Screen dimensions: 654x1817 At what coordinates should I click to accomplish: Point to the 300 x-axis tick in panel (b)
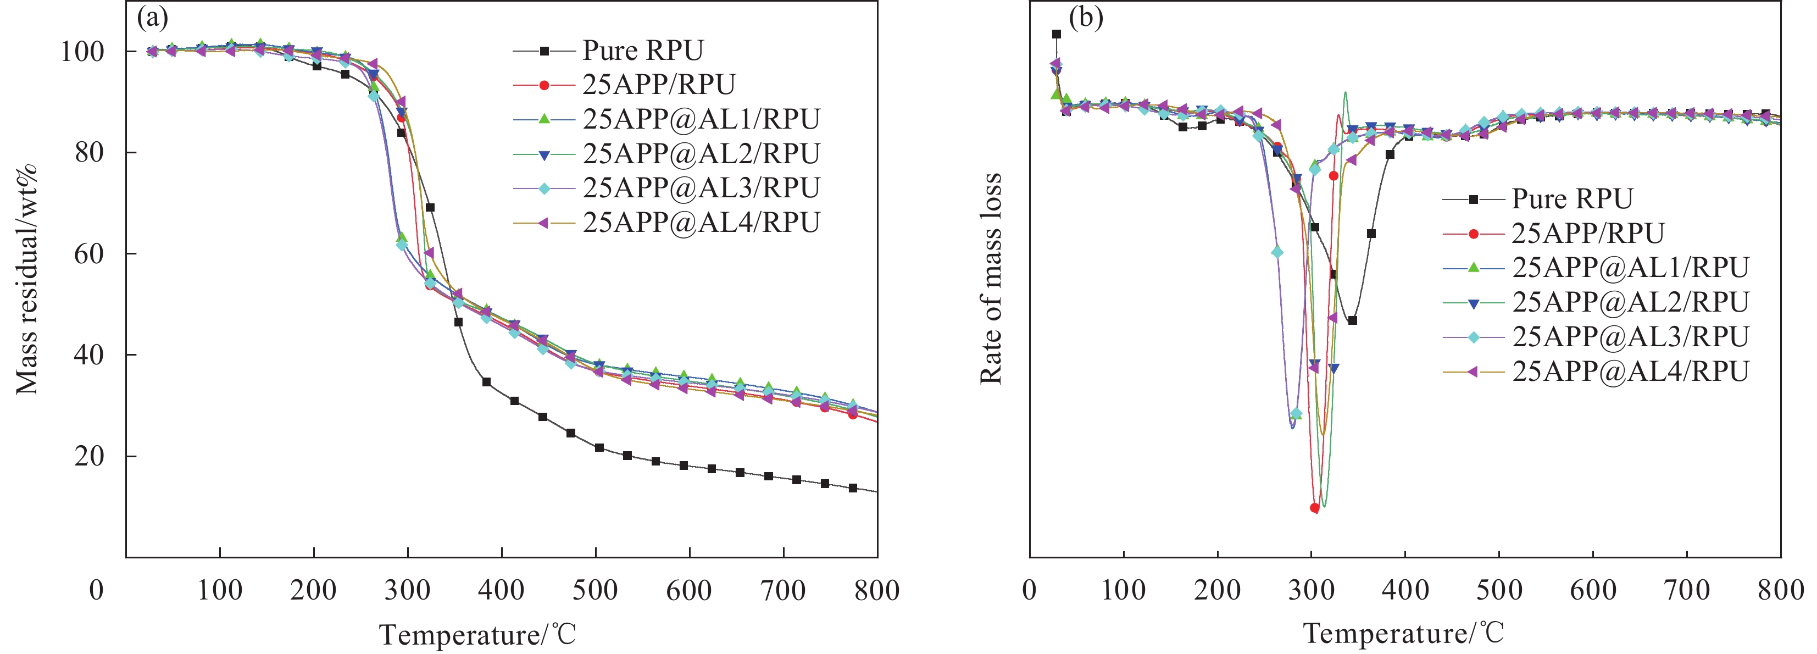click(x=1312, y=590)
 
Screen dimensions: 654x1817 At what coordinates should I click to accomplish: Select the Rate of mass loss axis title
click(x=991, y=279)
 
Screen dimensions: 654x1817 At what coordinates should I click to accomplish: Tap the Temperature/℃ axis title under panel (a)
click(x=477, y=634)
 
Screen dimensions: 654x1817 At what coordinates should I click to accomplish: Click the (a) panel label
click(x=152, y=18)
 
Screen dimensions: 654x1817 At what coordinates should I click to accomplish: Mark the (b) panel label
click(x=1086, y=18)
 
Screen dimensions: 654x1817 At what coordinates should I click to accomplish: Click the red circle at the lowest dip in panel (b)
click(x=1315, y=508)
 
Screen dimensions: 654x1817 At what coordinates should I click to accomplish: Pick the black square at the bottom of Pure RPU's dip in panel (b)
click(x=1352, y=321)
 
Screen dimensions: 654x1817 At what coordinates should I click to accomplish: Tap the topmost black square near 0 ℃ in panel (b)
click(x=1056, y=34)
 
